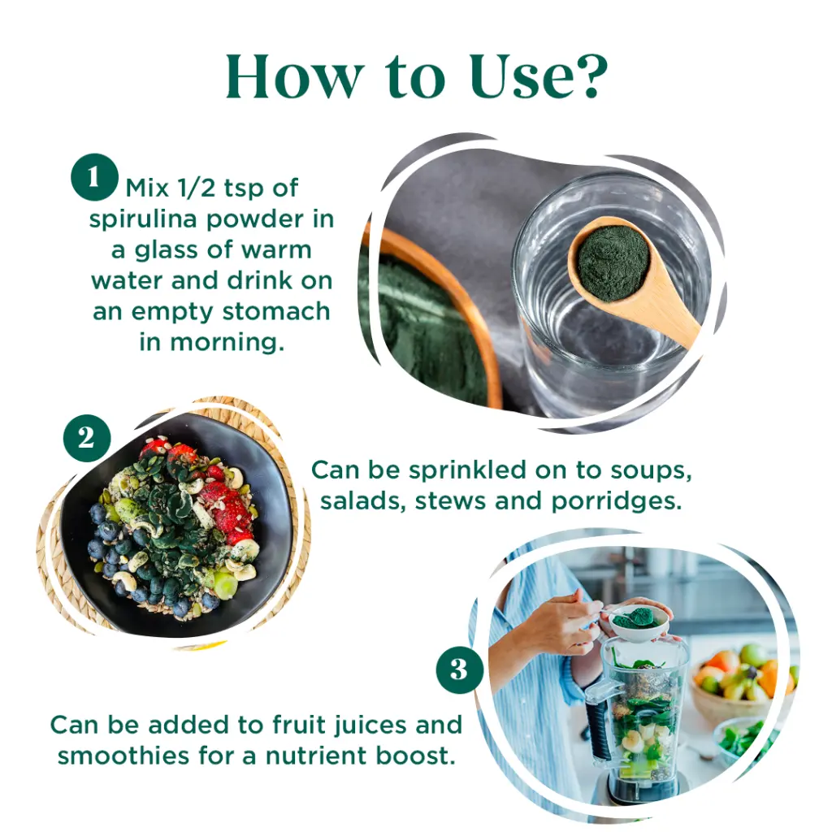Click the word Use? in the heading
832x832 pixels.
pos(539,76)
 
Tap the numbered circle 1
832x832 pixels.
pos(94,177)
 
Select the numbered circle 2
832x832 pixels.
pos(86,438)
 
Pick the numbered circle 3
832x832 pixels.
pos(460,669)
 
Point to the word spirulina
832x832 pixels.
pos(143,219)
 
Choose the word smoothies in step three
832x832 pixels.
pos(123,756)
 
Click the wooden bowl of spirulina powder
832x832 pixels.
pos(430,318)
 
